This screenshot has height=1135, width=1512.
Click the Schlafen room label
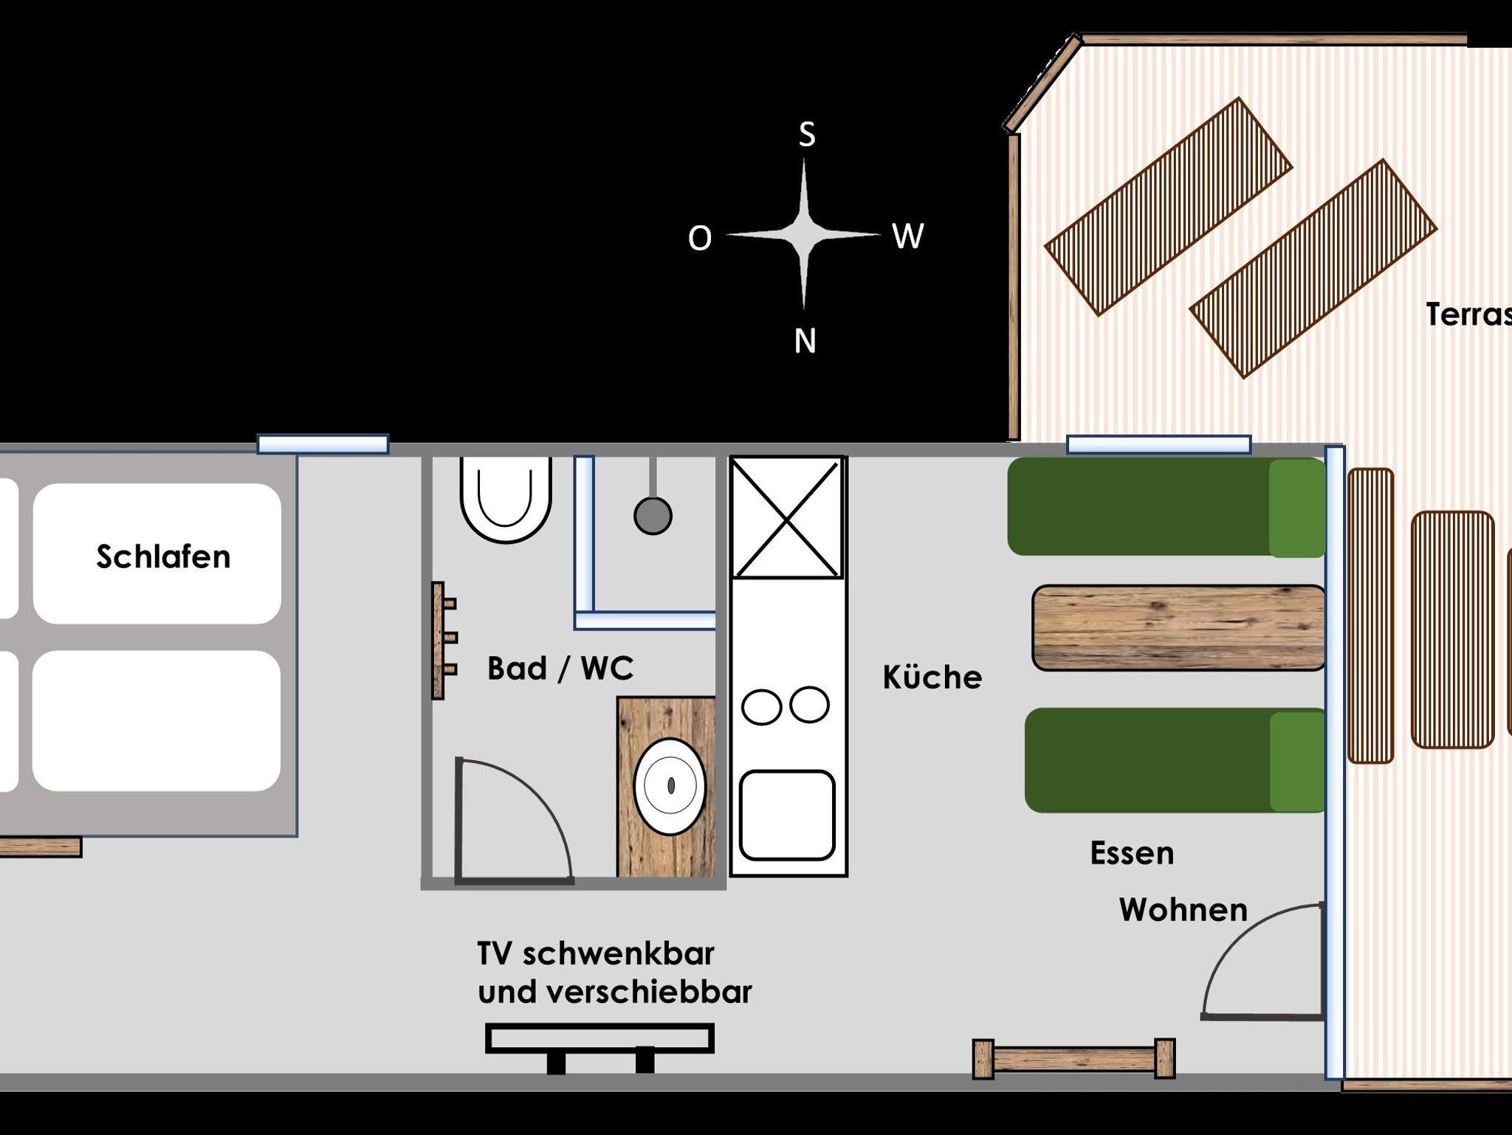[163, 556]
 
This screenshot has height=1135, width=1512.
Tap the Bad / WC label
[560, 668]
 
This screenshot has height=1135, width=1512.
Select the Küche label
[932, 677]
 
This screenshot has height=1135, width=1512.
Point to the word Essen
[1132, 853]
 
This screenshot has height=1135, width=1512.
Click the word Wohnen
[1183, 910]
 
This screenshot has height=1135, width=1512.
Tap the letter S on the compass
[807, 134]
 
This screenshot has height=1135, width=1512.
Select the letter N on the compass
[805, 341]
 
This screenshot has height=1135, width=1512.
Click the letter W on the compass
[907, 236]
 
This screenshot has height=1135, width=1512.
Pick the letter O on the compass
[700, 238]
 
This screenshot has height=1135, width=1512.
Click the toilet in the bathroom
[506, 498]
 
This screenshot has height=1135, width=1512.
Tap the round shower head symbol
[653, 515]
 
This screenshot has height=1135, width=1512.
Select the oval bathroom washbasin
[670, 785]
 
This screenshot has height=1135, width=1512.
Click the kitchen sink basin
[787, 815]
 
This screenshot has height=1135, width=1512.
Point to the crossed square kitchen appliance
[787, 517]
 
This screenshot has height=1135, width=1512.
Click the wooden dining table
[1178, 628]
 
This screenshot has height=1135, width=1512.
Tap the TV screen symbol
[599, 1038]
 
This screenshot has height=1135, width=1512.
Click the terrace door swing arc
[1248, 952]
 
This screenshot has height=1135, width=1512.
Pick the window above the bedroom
[323, 444]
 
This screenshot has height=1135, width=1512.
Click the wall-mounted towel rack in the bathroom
[442, 639]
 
